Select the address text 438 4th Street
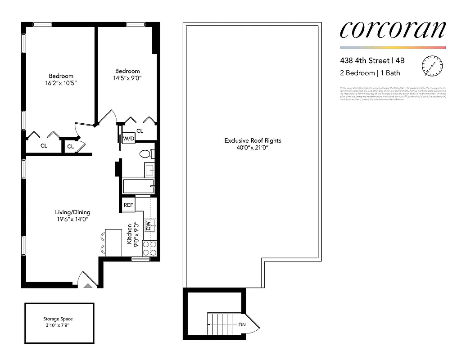365,60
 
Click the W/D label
129,138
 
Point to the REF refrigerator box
128,205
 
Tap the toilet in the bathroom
146,154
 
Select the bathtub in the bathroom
138,186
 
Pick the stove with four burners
149,248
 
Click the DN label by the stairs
242,325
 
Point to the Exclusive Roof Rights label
253,140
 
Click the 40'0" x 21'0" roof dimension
253,148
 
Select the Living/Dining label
72,212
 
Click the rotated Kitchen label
129,234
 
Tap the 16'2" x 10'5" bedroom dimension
61,83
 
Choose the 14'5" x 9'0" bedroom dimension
127,78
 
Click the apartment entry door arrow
88,285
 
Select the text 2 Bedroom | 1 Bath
370,73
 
